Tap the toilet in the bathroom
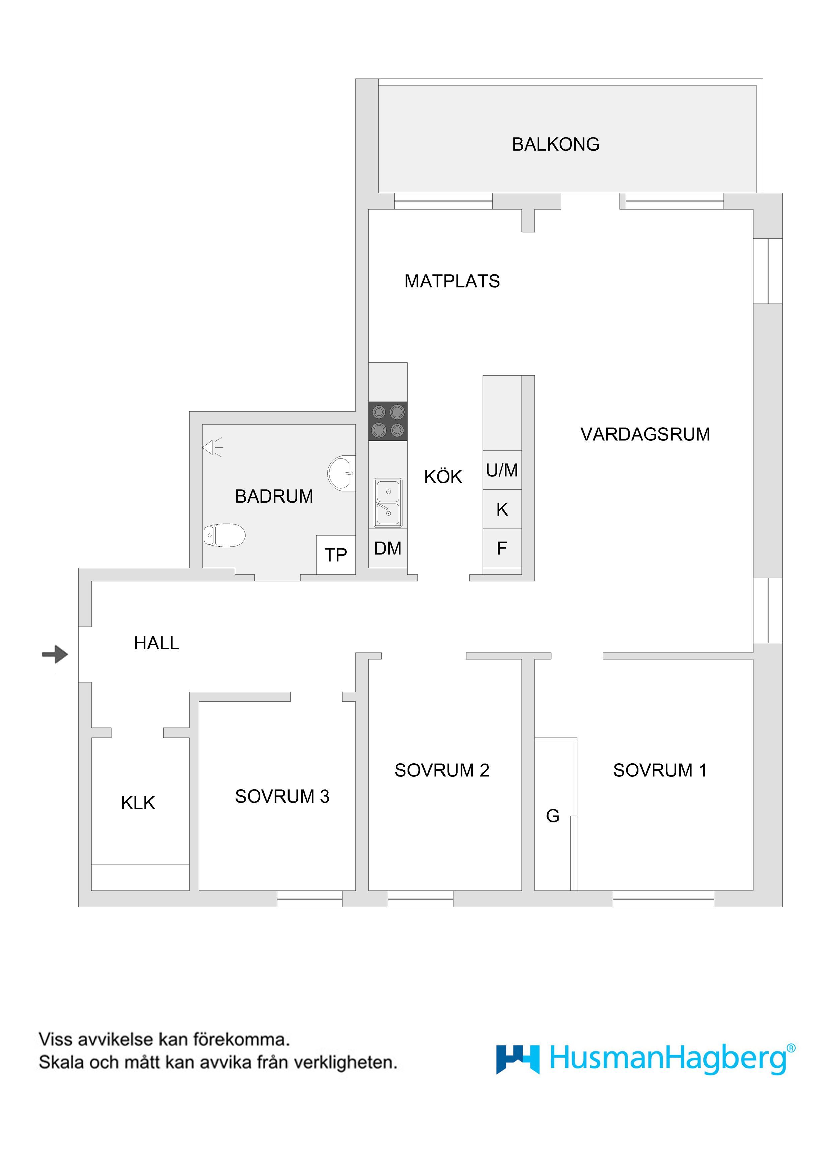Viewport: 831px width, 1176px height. (x=224, y=536)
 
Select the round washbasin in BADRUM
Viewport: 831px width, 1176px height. (x=341, y=473)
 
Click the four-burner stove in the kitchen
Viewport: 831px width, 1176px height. (x=388, y=421)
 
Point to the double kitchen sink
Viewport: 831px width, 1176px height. (x=388, y=503)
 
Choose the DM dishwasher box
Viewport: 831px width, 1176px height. (x=388, y=548)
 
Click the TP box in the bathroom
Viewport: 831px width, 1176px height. (x=336, y=555)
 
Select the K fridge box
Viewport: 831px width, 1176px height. (x=502, y=509)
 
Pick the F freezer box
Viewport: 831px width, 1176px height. (x=502, y=548)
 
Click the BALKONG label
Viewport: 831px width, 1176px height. (x=556, y=144)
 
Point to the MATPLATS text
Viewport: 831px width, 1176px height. (x=452, y=281)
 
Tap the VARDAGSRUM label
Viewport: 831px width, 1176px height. (x=645, y=434)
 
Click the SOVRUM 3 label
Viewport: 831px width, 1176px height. (x=282, y=797)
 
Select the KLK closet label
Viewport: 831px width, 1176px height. (x=138, y=803)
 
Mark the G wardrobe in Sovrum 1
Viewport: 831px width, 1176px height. (x=556, y=814)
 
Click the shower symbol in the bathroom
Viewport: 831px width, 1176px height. (x=213, y=447)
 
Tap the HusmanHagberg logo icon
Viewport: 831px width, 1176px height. (x=518, y=1059)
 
